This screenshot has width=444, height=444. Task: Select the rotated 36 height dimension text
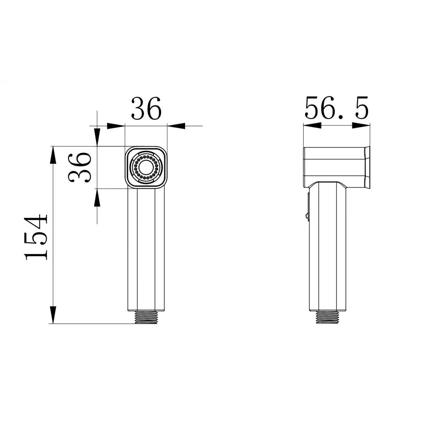[x=80, y=167]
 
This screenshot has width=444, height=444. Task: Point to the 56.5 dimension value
[x=337, y=109]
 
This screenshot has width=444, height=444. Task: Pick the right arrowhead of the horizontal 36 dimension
[x=177, y=126]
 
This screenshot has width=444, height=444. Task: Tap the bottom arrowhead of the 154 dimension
[x=53, y=314]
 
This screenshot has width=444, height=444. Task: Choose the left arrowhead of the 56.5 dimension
[x=312, y=126]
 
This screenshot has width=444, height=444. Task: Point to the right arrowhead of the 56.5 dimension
[x=361, y=126]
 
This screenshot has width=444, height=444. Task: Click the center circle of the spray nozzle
[x=146, y=168]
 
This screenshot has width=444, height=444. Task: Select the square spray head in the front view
[x=146, y=168]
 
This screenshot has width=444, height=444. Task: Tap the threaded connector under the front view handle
[x=146, y=317]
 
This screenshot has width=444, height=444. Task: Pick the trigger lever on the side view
[x=307, y=206]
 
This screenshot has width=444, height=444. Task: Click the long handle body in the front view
[x=146, y=249]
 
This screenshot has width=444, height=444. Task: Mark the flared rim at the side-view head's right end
[x=367, y=167]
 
